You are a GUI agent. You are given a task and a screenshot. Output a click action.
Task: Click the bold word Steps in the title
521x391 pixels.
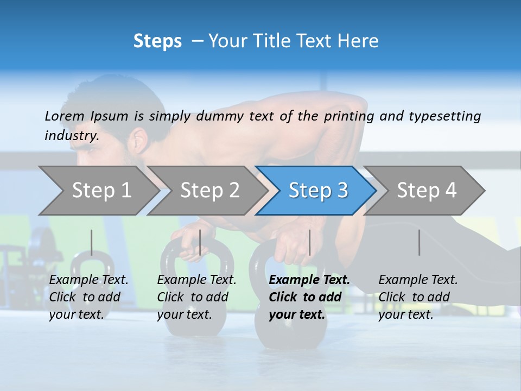157,41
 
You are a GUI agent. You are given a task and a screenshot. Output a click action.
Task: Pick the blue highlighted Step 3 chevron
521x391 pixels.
318,190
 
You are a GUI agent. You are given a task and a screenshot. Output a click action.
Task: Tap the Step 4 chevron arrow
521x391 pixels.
427,190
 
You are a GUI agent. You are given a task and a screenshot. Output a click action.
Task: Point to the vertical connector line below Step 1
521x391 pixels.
92,242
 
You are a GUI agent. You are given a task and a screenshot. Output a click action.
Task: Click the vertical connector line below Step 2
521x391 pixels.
200,242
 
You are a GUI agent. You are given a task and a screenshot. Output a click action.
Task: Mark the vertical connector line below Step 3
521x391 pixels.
309,242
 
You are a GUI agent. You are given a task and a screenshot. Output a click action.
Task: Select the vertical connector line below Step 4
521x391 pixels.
419,242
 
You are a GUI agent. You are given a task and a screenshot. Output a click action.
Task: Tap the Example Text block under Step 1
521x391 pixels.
88,297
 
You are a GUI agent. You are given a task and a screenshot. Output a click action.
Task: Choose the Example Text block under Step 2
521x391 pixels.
196,297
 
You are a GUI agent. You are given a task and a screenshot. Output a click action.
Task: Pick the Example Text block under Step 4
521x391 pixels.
418,297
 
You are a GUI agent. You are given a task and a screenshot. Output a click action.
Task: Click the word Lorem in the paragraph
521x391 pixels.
65,116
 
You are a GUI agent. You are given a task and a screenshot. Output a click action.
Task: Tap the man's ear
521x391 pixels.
139,140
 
